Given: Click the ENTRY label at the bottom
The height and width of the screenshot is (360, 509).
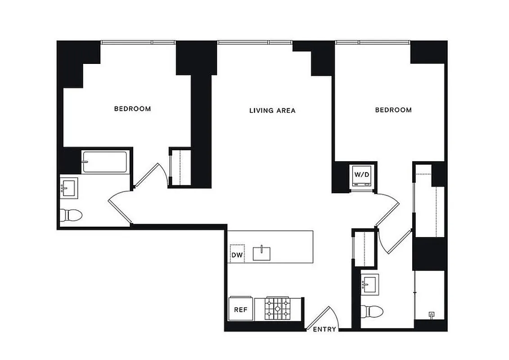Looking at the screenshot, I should (324, 329).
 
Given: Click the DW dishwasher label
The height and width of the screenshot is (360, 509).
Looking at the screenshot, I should (237, 256).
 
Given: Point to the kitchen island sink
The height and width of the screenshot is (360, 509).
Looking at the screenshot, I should (261, 253).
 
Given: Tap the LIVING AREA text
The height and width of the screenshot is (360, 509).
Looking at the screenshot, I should (272, 110).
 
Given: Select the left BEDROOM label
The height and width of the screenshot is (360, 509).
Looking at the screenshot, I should (132, 109).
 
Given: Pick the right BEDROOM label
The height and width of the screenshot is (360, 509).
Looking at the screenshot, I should (393, 110).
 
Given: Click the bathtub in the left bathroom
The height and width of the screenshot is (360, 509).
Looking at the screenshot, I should (104, 162).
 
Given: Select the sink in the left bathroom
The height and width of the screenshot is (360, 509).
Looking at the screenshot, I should (69, 188).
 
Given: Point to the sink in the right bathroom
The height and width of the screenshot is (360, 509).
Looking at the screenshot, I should (371, 284).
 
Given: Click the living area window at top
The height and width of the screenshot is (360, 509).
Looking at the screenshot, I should (255, 42).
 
